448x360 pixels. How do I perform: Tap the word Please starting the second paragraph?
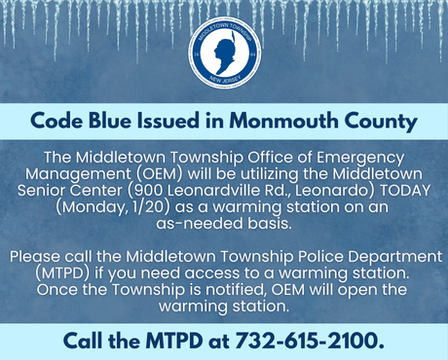[x=36, y=257]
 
